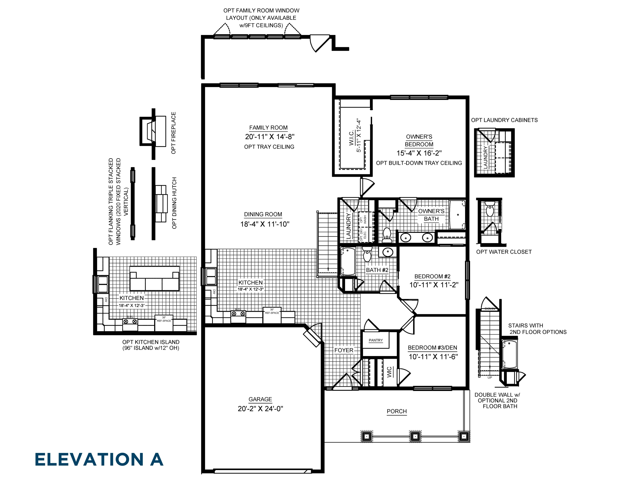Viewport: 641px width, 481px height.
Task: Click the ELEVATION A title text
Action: click(x=99, y=460)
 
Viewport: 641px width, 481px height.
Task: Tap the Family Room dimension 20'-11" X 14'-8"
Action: click(x=269, y=137)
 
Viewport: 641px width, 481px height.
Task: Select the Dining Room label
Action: click(x=263, y=214)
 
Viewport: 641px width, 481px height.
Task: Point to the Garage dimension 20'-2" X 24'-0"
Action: click(x=260, y=408)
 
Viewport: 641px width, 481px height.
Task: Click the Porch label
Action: click(x=397, y=411)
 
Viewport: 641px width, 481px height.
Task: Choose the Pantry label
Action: click(x=376, y=340)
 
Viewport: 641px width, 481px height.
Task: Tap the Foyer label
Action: click(x=344, y=350)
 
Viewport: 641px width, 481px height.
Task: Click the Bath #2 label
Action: click(x=377, y=270)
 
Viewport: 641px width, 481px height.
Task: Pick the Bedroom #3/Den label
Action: click(x=432, y=348)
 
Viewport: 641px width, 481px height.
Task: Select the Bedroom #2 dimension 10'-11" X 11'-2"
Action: click(x=434, y=285)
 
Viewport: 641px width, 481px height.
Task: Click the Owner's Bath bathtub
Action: click(x=457, y=215)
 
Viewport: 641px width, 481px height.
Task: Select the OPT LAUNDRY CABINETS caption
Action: click(x=504, y=120)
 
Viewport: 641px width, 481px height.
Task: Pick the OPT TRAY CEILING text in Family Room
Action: click(x=269, y=147)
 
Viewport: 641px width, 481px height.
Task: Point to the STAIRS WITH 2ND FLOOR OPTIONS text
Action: click(x=537, y=329)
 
